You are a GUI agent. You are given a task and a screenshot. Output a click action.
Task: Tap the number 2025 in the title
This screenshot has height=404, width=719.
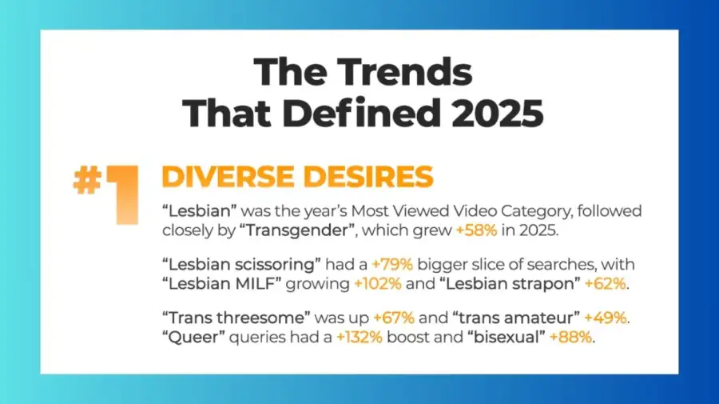497,113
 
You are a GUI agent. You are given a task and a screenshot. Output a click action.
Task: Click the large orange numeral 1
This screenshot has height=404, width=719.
121,194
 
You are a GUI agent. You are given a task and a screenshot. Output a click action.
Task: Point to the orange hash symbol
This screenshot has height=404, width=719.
87,180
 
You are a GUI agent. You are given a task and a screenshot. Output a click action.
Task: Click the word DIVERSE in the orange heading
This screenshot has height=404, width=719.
228,177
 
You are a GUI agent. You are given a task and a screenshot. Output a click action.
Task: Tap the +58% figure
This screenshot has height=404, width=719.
476,230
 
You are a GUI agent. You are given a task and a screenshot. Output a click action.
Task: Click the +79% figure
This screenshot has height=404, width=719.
392,265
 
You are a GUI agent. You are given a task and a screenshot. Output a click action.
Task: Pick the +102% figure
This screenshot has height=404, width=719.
377,284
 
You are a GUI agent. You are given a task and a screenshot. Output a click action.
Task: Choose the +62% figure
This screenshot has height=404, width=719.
606,284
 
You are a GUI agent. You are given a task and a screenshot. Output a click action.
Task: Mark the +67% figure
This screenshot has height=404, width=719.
393,318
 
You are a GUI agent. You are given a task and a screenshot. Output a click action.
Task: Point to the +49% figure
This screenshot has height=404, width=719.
606,318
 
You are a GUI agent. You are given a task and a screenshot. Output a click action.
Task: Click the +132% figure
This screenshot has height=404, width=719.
359,338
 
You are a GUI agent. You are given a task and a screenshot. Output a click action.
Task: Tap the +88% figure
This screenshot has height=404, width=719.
570,338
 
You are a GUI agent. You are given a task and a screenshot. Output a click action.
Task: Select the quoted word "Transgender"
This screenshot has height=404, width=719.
298,230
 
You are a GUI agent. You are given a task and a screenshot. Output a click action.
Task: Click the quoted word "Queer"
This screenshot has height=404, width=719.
193,338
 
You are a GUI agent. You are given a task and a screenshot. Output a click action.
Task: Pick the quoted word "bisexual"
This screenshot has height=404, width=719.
506,338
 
